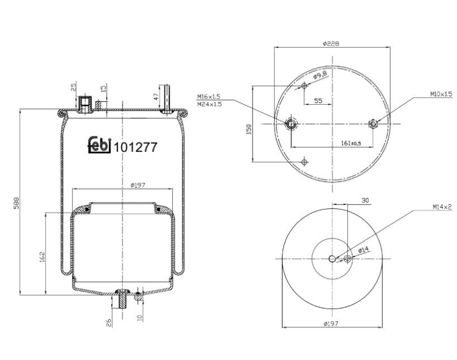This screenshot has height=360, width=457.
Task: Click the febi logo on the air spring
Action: [99, 145]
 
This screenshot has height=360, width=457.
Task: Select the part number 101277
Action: [135, 147]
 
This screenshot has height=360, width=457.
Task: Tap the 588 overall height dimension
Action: [16, 203]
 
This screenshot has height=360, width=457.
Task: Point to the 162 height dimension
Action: [42, 257]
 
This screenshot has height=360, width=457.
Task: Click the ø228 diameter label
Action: [331, 44]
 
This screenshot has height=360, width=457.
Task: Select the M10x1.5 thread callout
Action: [441, 94]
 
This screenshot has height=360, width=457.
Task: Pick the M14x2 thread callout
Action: [442, 207]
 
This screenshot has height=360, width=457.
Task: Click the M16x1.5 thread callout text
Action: [208, 96]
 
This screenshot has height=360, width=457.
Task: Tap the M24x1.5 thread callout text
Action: [209, 104]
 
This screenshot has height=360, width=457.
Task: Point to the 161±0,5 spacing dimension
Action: [351, 143]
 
